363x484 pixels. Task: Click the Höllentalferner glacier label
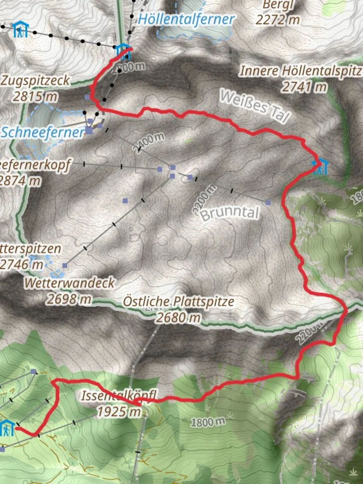186,19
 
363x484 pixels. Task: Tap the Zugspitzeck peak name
36,81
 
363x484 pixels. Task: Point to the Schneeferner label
43,132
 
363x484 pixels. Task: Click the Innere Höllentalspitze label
300,71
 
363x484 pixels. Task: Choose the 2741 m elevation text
304,86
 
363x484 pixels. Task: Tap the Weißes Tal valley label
255,106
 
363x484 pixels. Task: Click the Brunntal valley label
230,213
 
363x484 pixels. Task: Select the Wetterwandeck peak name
70,283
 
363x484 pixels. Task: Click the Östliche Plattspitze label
178,302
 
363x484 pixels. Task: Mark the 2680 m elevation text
178,317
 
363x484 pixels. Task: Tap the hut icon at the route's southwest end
7,428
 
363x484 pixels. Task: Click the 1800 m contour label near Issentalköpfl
207,421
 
